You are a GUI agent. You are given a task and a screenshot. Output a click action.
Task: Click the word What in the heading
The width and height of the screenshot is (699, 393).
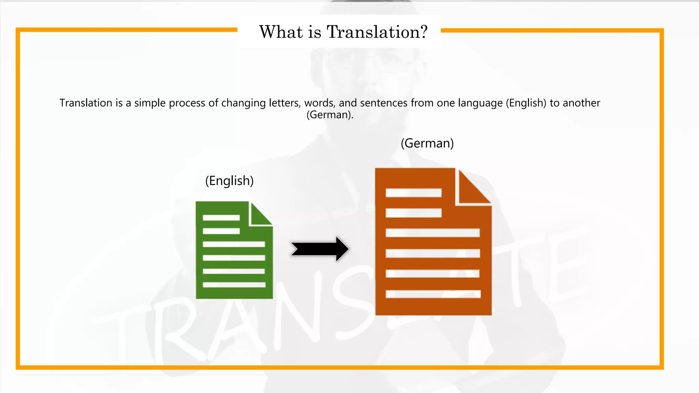(x=281, y=32)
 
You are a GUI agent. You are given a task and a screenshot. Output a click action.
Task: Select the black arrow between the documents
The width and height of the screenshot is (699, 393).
(x=320, y=249)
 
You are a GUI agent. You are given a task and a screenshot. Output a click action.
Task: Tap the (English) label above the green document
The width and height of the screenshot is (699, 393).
(x=229, y=181)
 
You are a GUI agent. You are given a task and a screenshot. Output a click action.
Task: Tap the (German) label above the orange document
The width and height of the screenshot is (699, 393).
(x=427, y=143)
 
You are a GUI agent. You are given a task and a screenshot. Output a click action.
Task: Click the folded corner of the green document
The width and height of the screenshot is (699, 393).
(x=260, y=214)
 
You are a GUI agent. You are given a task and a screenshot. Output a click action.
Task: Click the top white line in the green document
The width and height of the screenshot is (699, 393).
(x=221, y=218)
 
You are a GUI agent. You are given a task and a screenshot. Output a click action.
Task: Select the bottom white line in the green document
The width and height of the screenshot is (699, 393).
(x=234, y=285)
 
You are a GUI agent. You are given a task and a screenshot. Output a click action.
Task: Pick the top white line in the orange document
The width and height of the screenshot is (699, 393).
(x=413, y=193)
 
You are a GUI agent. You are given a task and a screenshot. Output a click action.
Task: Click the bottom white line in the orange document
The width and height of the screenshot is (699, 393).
(x=433, y=294)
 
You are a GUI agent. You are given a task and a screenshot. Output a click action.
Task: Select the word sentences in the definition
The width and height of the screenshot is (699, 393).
(x=384, y=103)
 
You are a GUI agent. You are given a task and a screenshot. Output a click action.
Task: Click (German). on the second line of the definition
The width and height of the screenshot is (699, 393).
(x=330, y=115)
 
